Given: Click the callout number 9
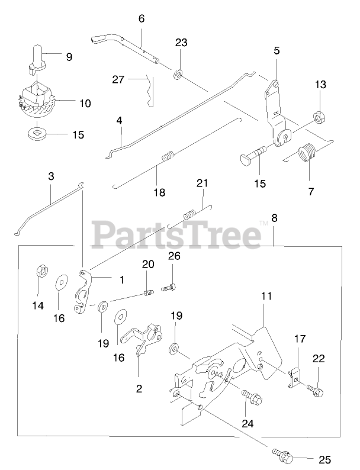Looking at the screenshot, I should (x=69, y=57).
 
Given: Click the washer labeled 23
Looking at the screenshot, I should (x=178, y=76).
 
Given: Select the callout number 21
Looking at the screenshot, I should (x=202, y=184).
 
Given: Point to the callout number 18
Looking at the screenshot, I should (x=159, y=192).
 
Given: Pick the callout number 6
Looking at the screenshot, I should (x=141, y=19).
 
